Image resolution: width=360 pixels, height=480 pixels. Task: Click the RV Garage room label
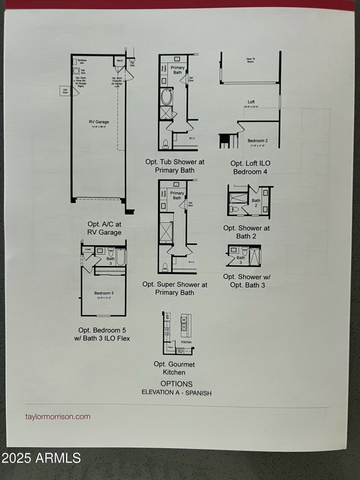pyautogui.click(x=99, y=122)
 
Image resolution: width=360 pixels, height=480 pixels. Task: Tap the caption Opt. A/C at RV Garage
pyautogui.click(x=104, y=228)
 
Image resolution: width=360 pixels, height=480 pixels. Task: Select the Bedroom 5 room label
pyautogui.click(x=104, y=293)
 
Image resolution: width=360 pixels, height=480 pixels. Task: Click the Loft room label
pyautogui.click(x=251, y=102)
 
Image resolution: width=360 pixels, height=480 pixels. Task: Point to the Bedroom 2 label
pyautogui.click(x=258, y=141)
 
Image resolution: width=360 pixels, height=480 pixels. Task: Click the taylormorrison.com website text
pyautogui.click(x=58, y=416)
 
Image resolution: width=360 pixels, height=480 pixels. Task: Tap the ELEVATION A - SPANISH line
pyautogui.click(x=176, y=393)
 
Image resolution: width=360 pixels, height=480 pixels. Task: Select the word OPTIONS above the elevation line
pyautogui.click(x=176, y=384)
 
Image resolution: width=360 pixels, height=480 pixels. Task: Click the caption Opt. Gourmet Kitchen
pyautogui.click(x=174, y=368)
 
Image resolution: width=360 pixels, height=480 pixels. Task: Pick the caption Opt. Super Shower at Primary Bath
pyautogui.click(x=175, y=288)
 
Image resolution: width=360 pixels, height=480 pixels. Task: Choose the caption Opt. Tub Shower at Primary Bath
pyautogui.click(x=175, y=166)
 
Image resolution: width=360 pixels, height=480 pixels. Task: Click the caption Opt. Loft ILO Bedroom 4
pyautogui.click(x=251, y=167)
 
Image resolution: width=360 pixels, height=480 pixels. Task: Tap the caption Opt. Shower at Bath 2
pyautogui.click(x=247, y=232)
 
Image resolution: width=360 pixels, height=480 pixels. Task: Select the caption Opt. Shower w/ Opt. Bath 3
pyautogui.click(x=247, y=281)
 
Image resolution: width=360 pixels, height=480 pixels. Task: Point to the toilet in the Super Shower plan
pyautogui.click(x=166, y=266)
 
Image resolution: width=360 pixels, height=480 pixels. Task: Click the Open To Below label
pyautogui.click(x=251, y=60)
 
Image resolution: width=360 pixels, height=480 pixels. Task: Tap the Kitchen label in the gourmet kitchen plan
pyautogui.click(x=186, y=342)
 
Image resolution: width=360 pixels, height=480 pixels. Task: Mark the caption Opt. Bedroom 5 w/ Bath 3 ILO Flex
pyautogui.click(x=104, y=334)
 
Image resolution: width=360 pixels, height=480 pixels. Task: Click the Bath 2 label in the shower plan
pyautogui.click(x=256, y=202)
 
